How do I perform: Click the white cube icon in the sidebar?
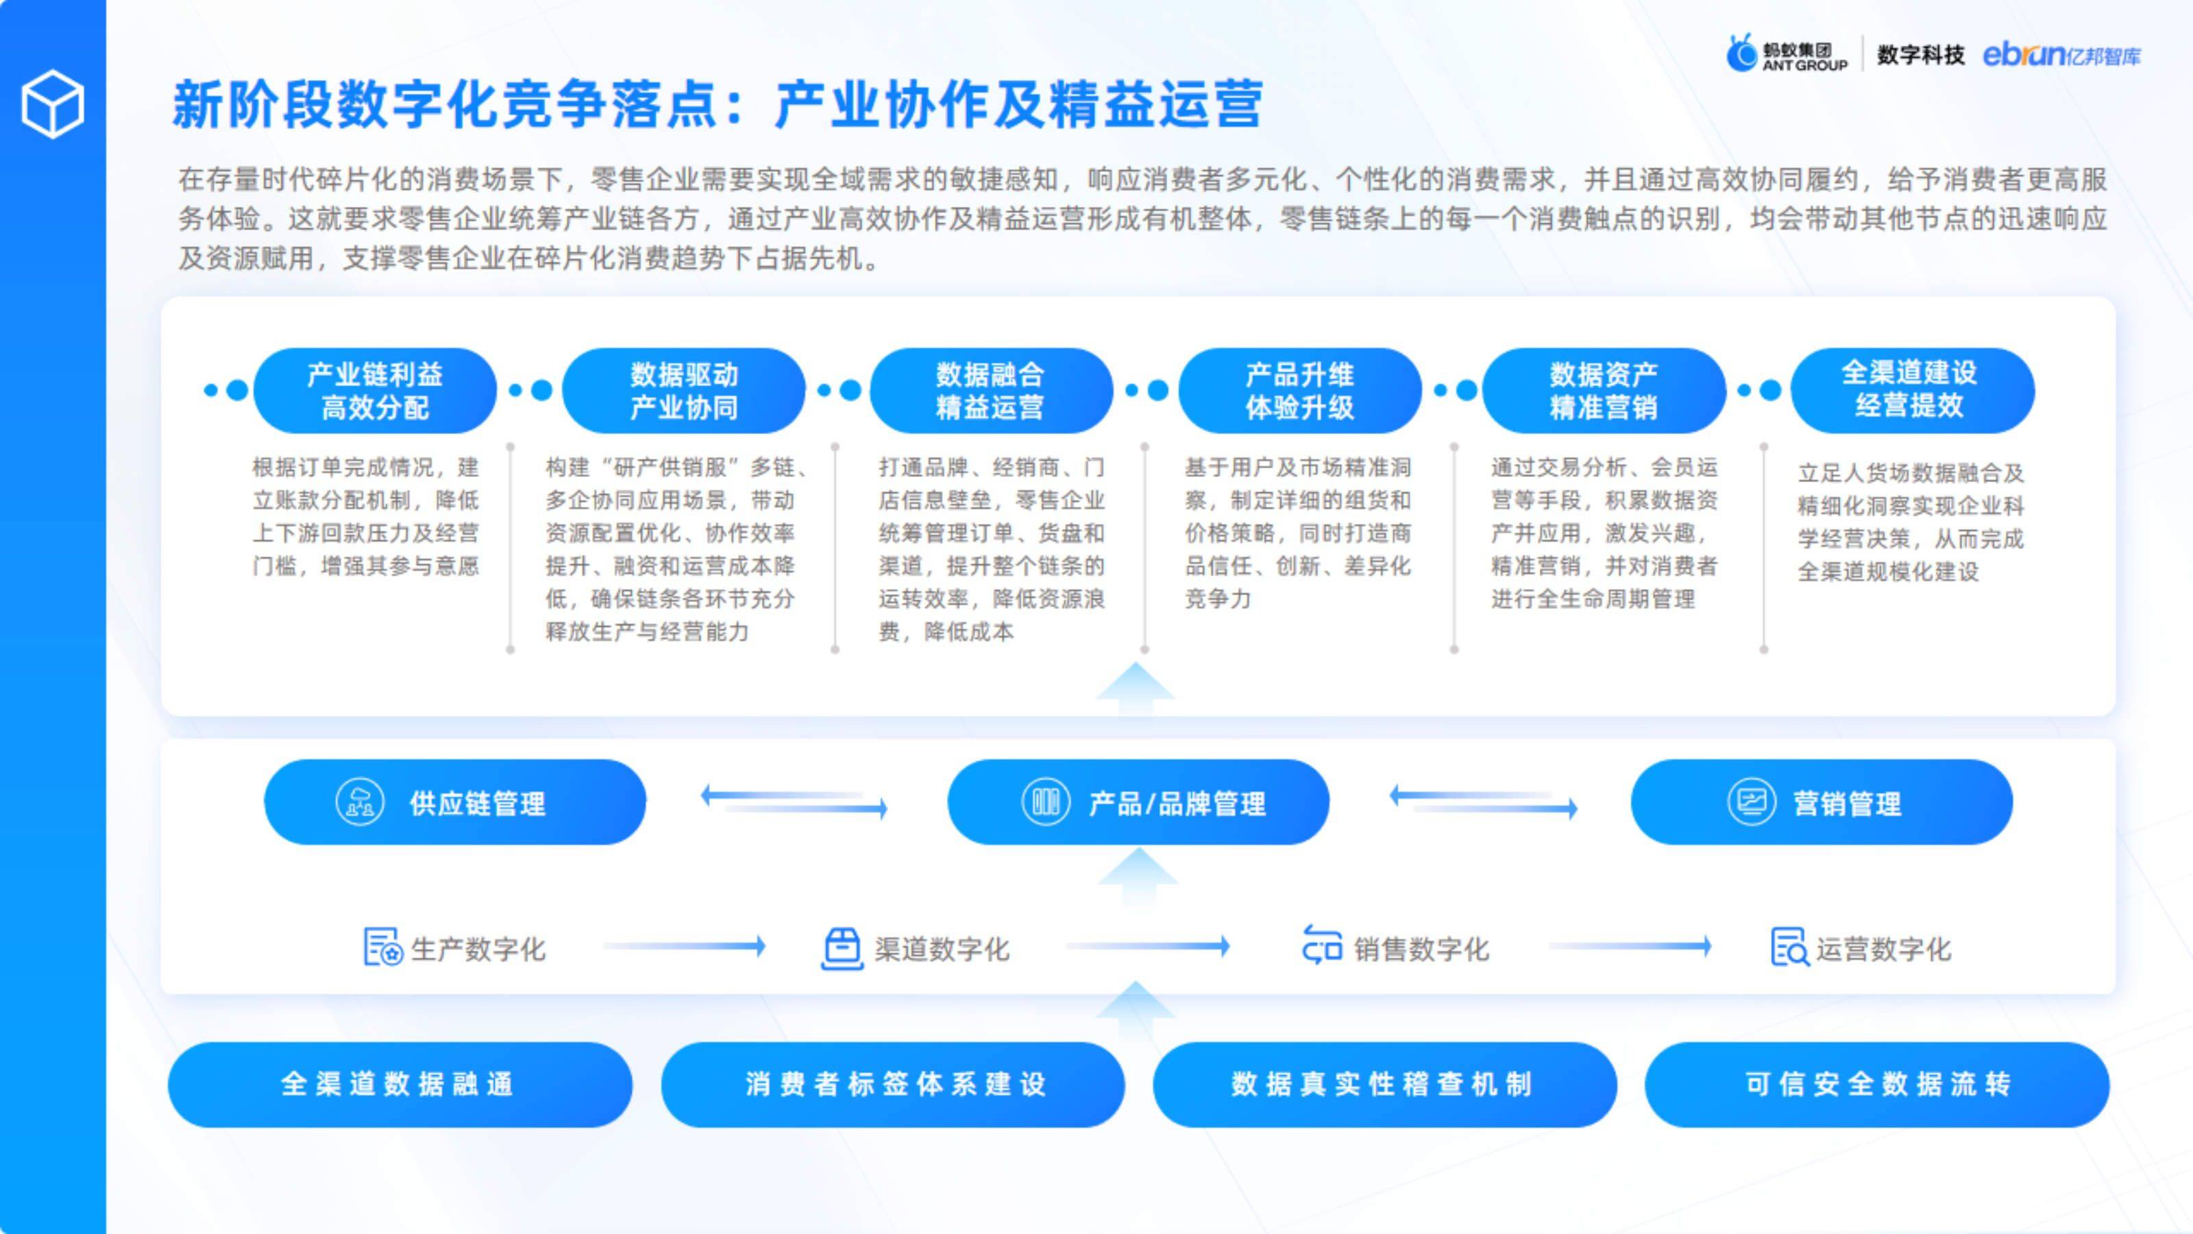[53, 104]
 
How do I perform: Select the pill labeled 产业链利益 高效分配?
[375, 391]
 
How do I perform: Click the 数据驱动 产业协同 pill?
[684, 391]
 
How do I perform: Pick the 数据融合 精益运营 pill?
[990, 391]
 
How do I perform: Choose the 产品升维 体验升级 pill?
[1299, 391]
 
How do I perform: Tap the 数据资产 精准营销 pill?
[1603, 391]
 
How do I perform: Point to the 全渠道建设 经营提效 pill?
[1911, 390]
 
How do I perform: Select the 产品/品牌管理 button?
[1138, 802]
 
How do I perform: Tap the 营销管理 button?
[1821, 802]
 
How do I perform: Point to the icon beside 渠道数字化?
[842, 947]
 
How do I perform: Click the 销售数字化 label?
[1422, 949]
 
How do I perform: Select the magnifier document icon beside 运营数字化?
[1789, 947]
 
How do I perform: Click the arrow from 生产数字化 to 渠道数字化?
[684, 946]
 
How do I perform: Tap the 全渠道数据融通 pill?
[400, 1084]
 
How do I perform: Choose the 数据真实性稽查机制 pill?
[1384, 1084]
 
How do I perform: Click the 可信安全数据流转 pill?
[1876, 1084]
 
